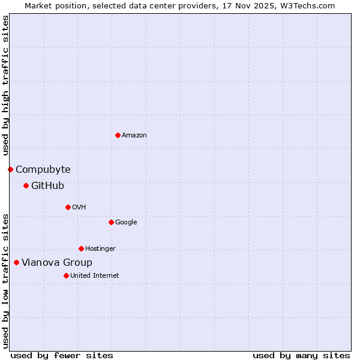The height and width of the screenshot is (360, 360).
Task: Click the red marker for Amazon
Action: click(x=118, y=135)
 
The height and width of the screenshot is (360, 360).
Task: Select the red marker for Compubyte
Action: click(x=10, y=169)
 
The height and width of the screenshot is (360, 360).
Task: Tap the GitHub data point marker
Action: click(x=26, y=185)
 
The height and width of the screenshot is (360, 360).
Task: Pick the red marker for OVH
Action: click(x=68, y=207)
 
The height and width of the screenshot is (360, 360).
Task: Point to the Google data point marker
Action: click(x=111, y=222)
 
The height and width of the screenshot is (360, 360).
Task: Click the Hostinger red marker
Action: click(x=81, y=248)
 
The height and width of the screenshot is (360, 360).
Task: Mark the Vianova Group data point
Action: click(x=16, y=262)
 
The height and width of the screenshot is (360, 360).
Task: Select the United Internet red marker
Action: click(x=66, y=275)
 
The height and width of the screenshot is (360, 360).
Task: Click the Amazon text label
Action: click(x=134, y=136)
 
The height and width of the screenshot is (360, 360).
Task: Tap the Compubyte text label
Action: click(x=43, y=170)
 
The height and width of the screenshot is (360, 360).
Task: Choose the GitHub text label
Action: click(x=47, y=186)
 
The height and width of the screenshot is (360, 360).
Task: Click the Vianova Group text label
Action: click(x=57, y=263)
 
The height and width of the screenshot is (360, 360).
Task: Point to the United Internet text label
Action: click(x=95, y=276)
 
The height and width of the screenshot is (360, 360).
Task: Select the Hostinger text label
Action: click(x=100, y=249)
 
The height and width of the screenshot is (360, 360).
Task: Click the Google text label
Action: click(x=126, y=223)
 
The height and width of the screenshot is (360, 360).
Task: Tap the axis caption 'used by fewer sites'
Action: click(x=62, y=355)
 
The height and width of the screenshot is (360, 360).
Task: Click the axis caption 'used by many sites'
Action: click(x=301, y=355)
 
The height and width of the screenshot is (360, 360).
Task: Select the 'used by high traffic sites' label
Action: click(x=5, y=86)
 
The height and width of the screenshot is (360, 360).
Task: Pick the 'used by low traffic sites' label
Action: click(x=5, y=281)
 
